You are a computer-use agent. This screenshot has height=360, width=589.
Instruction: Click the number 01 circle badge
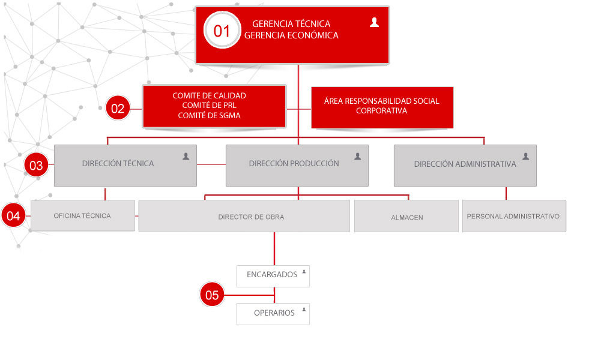(x=222, y=30)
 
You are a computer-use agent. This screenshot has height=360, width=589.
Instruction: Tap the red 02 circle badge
(x=118, y=108)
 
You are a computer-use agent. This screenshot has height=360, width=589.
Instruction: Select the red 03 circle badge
(x=36, y=165)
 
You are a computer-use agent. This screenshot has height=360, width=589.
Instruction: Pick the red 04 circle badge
(x=13, y=215)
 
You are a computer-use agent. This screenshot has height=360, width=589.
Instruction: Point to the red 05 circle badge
(x=212, y=295)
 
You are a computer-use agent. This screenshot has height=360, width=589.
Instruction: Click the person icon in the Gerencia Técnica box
(x=374, y=23)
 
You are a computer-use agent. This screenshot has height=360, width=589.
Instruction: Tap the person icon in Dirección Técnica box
(x=186, y=156)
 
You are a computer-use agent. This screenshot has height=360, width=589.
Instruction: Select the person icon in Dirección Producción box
(x=358, y=156)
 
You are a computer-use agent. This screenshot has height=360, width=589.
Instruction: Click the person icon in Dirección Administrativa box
(x=525, y=156)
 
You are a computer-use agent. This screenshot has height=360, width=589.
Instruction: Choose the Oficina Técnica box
(x=83, y=215)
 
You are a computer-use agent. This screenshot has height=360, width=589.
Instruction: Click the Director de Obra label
(x=252, y=217)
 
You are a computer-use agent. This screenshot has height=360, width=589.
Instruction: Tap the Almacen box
(x=406, y=216)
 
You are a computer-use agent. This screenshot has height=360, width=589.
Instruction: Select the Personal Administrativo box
(x=514, y=216)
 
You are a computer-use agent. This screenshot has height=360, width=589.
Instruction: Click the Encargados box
(x=273, y=276)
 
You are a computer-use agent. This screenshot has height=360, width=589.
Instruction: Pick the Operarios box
(x=273, y=314)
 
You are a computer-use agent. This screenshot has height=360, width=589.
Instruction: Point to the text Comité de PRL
(x=209, y=106)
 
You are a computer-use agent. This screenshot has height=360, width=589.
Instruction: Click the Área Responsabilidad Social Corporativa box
(x=382, y=107)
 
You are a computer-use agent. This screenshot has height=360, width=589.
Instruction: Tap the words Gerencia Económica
(x=291, y=35)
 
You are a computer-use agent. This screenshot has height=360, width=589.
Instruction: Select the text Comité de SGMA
(x=209, y=116)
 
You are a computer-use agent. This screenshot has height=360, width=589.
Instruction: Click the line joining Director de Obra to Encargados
(x=274, y=249)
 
